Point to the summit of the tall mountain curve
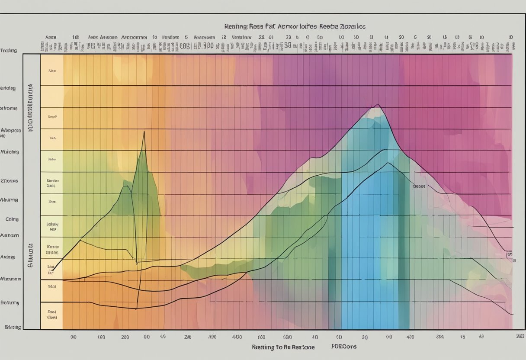(378, 105)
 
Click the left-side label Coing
(12, 219)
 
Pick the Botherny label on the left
(10, 303)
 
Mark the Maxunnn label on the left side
(11, 279)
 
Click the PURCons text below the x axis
(344, 347)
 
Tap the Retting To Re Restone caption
(283, 347)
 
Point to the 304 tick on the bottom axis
(440, 336)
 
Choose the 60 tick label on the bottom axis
(338, 336)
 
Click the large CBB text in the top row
(185, 45)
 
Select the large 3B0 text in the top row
(208, 45)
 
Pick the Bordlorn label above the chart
(170, 38)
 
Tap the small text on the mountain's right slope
(418, 186)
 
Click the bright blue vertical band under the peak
(363, 242)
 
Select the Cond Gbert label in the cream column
(52, 314)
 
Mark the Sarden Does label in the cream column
(52, 182)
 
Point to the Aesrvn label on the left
(10, 235)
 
